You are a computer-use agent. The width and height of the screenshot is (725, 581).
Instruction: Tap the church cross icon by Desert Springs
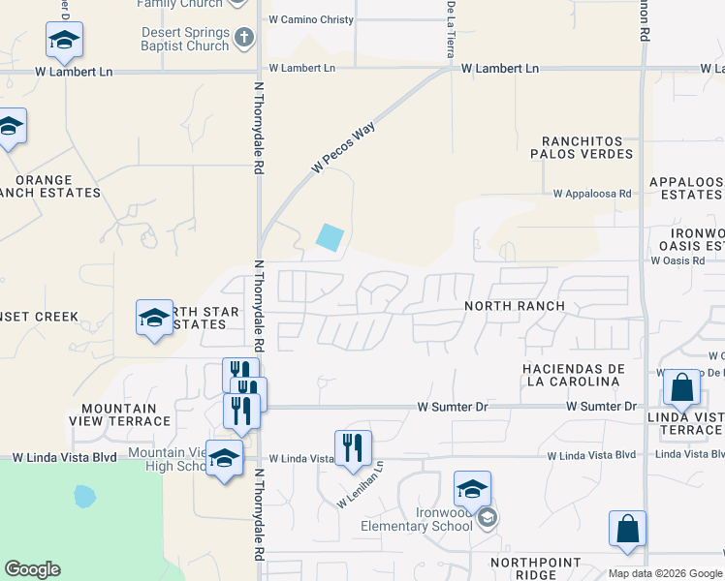pyautogui.click(x=244, y=39)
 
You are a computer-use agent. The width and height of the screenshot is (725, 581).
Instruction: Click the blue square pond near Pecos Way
pyautogui.click(x=331, y=237)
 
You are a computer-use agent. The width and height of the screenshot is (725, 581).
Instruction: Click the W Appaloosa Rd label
pyautogui.click(x=592, y=194)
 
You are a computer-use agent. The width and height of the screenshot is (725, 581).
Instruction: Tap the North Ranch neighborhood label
pyautogui.click(x=515, y=306)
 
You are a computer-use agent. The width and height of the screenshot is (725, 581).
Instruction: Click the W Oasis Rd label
pyautogui.click(x=678, y=260)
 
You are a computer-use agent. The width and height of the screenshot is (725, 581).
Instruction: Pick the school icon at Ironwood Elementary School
pyautogui.click(x=472, y=489)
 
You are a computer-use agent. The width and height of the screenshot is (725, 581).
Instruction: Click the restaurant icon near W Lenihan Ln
pyautogui.click(x=353, y=446)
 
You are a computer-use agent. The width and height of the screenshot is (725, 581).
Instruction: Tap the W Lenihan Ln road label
pyautogui.click(x=361, y=485)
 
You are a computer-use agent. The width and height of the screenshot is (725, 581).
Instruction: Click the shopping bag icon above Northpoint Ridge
pyautogui.click(x=627, y=529)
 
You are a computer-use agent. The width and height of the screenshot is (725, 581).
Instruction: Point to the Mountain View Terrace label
pyautogui.click(x=119, y=414)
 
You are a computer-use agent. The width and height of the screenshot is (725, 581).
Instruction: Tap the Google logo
pyautogui.click(x=32, y=569)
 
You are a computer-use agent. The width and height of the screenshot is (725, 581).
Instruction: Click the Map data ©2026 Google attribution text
pyautogui.click(x=665, y=573)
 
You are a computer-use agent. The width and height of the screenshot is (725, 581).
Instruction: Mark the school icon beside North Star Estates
pyautogui.click(x=154, y=319)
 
